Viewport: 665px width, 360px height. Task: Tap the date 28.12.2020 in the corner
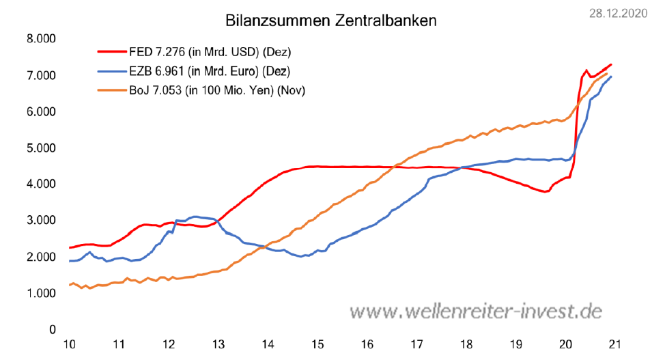click(x=620, y=13)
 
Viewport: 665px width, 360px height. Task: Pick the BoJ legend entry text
click(x=216, y=89)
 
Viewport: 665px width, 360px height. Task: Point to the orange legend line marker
click(x=111, y=89)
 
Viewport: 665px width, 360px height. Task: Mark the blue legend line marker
click(x=111, y=70)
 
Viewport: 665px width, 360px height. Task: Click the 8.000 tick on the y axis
click(x=42, y=39)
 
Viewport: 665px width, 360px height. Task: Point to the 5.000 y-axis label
click(x=42, y=148)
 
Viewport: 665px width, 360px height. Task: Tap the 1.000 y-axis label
click(x=42, y=294)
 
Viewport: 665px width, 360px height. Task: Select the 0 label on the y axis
click(x=52, y=330)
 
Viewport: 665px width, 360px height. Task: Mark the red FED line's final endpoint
click(x=611, y=64)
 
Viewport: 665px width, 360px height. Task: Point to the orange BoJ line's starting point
click(x=69, y=285)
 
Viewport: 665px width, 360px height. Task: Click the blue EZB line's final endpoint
click(x=612, y=76)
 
